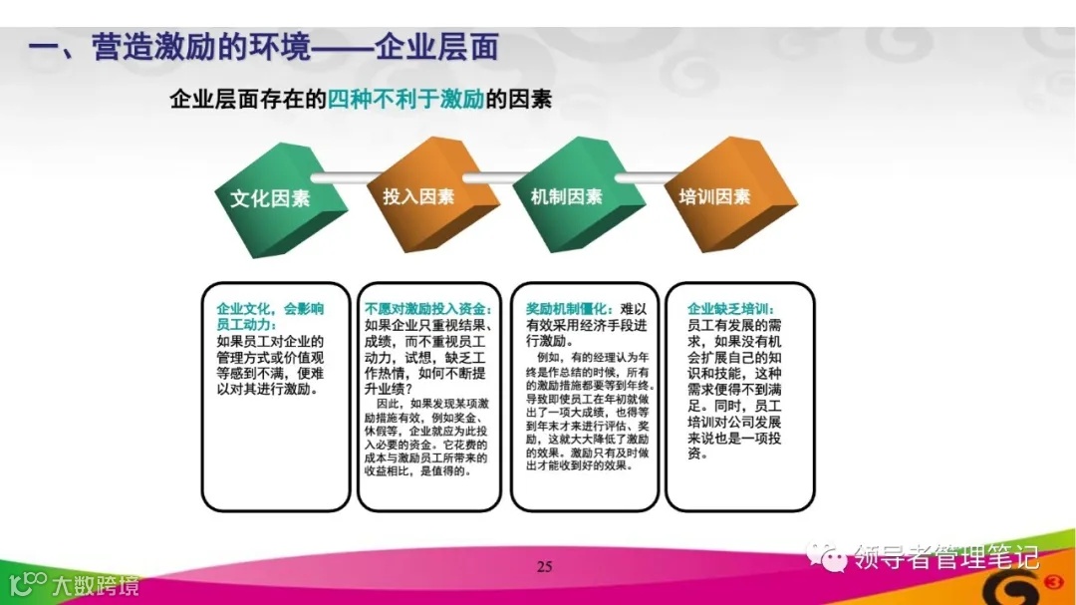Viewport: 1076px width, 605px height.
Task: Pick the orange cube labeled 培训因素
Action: tap(716, 194)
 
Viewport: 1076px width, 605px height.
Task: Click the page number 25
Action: tap(544, 568)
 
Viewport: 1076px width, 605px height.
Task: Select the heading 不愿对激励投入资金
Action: tap(424, 309)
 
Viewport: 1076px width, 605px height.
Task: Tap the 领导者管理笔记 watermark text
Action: tap(945, 554)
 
